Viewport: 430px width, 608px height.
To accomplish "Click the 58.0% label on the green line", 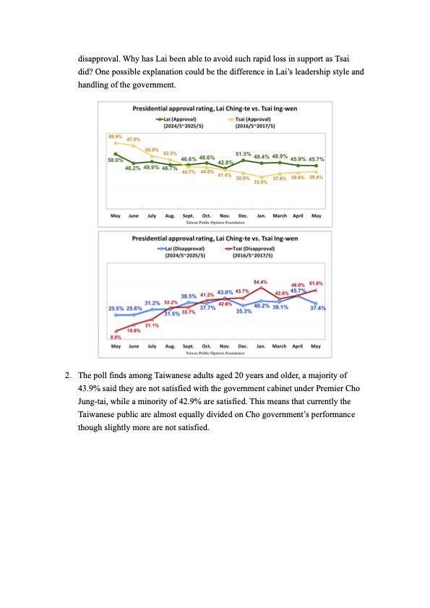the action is [x=115, y=160].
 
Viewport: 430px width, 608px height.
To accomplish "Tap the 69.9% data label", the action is [x=115, y=137].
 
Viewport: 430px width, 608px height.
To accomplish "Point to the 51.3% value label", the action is [x=243, y=154].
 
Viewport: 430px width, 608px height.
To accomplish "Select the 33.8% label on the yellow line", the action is [x=261, y=182].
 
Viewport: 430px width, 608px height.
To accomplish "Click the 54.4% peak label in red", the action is [x=260, y=282].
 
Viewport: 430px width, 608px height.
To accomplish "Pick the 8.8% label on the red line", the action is [x=116, y=337].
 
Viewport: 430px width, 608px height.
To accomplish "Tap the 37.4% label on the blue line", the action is [x=318, y=308].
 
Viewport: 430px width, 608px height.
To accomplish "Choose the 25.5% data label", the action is [x=116, y=309].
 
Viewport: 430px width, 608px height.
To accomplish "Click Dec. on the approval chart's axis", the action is [x=243, y=215].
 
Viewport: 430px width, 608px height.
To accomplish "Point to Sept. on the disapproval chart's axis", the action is [x=188, y=346].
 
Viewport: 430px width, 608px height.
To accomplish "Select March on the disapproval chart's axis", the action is [x=279, y=346].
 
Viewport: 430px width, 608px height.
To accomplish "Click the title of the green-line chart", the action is [x=215, y=108].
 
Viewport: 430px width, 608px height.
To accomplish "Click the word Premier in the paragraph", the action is [x=330, y=388].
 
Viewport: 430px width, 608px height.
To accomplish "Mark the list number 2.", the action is [x=68, y=375].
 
